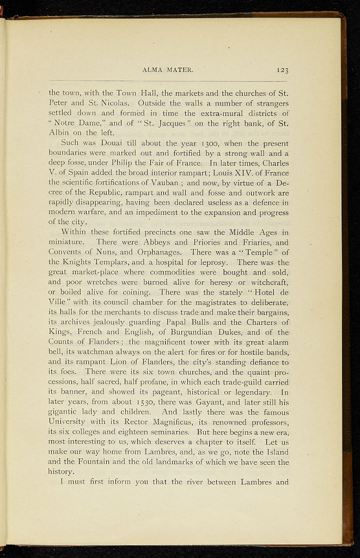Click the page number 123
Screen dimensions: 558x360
click(282, 70)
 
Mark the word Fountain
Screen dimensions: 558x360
click(89, 462)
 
